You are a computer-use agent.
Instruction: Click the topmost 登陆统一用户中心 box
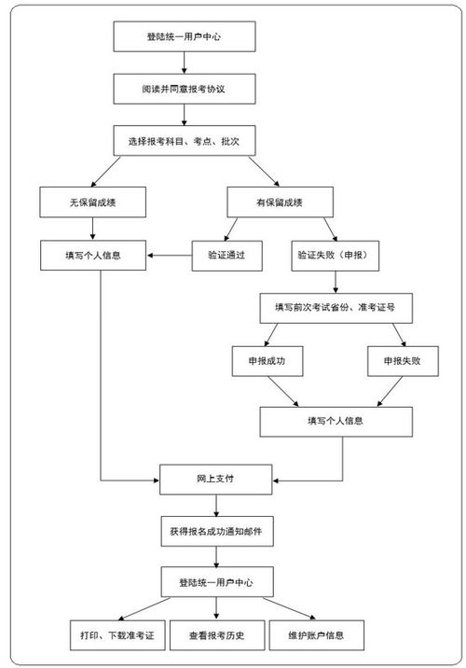click(x=184, y=38)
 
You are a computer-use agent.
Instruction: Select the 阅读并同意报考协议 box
click(x=184, y=90)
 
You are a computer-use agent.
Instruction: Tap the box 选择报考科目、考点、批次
click(x=184, y=141)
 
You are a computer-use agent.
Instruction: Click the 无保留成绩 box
click(x=92, y=202)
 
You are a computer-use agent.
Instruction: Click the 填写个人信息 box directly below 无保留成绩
click(x=92, y=254)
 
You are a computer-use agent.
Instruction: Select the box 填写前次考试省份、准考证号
click(x=336, y=307)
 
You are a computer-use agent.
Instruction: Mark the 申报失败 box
click(x=403, y=361)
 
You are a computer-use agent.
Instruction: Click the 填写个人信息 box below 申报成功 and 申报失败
click(x=336, y=421)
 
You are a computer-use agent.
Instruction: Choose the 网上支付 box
click(x=216, y=480)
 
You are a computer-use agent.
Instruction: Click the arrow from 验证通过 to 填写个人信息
click(x=169, y=254)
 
